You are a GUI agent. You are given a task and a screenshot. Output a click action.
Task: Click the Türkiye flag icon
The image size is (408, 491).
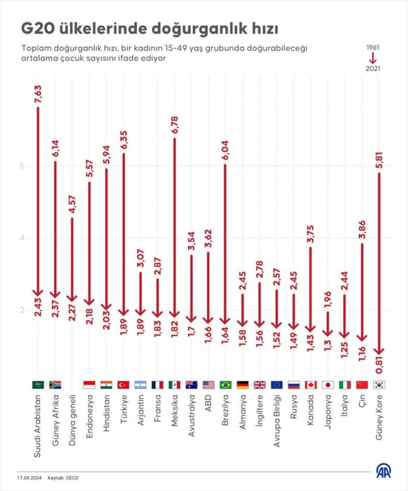(123, 385)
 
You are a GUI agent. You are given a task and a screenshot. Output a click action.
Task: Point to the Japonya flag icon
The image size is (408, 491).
(327, 385)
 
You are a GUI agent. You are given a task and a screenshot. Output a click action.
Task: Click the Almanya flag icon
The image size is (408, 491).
(242, 385)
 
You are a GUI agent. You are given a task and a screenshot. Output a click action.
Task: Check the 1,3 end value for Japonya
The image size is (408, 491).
(327, 342)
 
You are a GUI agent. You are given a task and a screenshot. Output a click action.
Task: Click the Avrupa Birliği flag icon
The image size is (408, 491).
(276, 385)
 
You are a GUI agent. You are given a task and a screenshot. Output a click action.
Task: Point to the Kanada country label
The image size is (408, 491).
(311, 408)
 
